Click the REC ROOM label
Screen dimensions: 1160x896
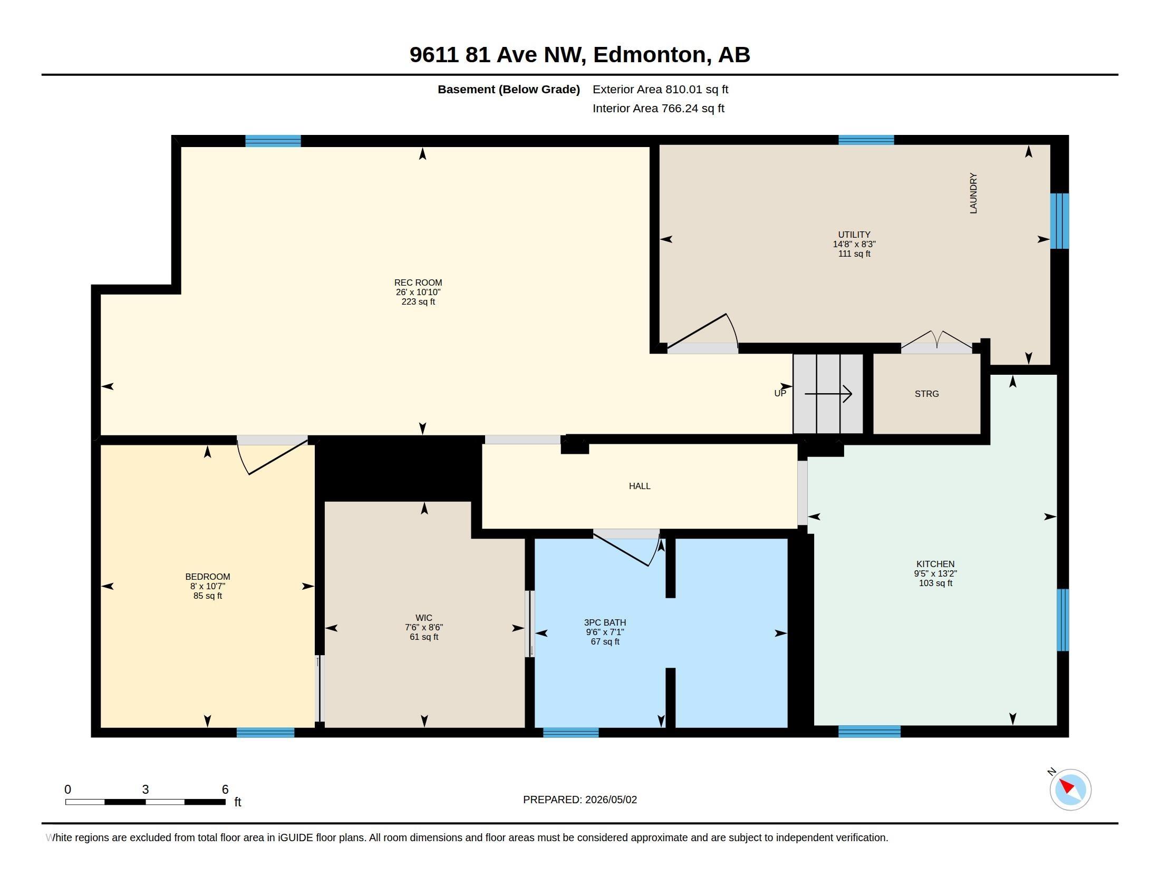418,283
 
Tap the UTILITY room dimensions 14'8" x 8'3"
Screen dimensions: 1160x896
854,244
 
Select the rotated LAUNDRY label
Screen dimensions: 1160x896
973,193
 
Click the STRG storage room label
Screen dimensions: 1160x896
927,394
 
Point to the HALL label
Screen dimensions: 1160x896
640,486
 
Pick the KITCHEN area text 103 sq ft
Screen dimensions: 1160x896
935,583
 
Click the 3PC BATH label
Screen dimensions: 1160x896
605,622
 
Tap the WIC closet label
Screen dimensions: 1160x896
424,618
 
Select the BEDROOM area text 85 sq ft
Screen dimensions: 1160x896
208,596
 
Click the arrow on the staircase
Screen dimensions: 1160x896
828,394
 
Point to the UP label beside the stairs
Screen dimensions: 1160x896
780,394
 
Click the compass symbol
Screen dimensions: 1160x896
1070,790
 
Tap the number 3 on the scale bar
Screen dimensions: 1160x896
146,790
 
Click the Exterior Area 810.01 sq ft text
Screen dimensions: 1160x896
660,90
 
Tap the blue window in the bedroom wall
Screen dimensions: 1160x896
266,733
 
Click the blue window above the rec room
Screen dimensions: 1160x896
273,141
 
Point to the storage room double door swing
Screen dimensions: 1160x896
937,340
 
